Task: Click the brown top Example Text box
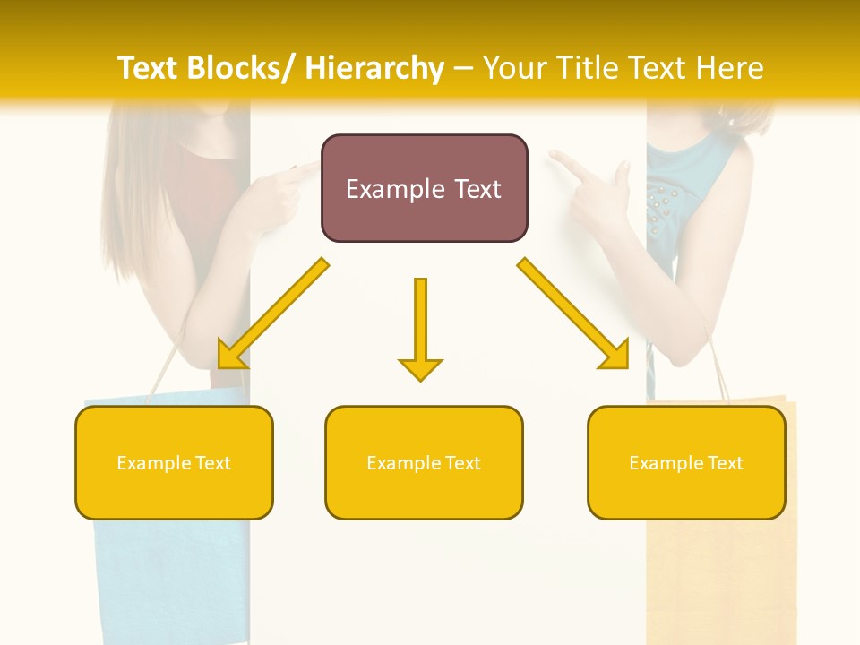[x=424, y=188]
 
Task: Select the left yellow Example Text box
[x=174, y=462]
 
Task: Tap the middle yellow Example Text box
[x=424, y=462]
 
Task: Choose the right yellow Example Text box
[x=686, y=462]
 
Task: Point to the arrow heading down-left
[x=272, y=314]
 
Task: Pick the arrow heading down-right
[x=573, y=314]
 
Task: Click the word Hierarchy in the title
[x=374, y=68]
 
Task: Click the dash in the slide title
[x=464, y=68]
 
